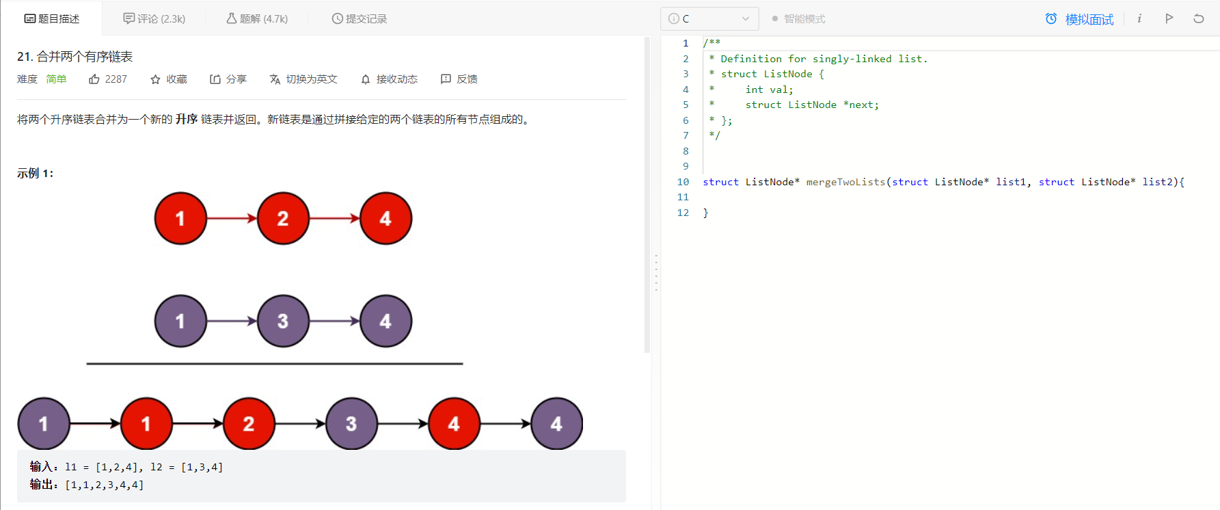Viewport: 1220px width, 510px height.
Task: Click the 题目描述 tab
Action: (52, 18)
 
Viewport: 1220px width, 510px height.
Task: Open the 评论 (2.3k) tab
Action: (154, 18)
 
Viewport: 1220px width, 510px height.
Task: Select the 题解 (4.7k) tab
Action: (257, 18)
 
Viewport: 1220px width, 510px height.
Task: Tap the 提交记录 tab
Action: (360, 18)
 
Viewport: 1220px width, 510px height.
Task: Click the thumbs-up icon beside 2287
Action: (94, 79)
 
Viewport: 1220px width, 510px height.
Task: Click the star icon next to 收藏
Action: (155, 79)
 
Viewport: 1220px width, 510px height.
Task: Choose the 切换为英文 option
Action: (303, 79)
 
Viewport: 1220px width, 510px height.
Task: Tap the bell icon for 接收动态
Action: (366, 79)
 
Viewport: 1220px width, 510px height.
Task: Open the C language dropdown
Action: (709, 18)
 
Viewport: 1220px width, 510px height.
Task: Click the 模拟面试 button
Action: (1080, 19)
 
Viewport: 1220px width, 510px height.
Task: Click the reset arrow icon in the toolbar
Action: (1199, 18)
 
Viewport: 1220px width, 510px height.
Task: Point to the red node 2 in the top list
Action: (283, 219)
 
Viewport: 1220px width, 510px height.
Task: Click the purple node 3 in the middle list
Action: (283, 321)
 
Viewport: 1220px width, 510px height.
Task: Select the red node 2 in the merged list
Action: (249, 424)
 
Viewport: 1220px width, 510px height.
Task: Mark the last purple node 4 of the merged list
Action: (556, 424)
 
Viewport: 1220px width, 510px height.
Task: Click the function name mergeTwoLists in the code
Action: (845, 182)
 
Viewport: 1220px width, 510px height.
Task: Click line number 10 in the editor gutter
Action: (683, 182)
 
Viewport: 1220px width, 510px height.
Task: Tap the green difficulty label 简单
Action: (56, 79)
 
